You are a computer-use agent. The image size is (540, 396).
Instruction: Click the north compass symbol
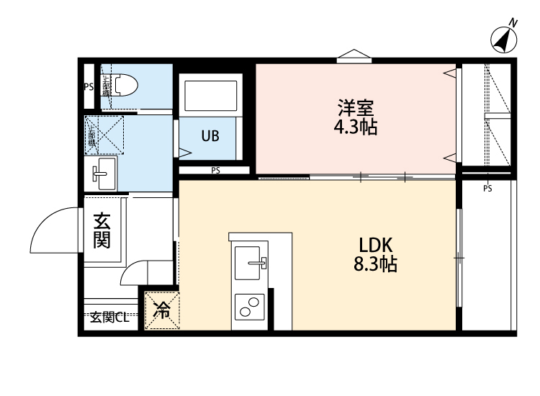(x=505, y=39)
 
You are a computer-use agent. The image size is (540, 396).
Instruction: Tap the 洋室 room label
(x=356, y=109)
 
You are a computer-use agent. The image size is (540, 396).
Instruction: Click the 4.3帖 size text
(x=356, y=128)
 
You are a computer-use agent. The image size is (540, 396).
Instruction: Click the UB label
(x=210, y=136)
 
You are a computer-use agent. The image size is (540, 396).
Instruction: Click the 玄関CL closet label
(x=109, y=318)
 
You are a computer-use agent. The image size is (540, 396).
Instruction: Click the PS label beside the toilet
(x=89, y=86)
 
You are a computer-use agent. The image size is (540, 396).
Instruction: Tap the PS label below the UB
(x=215, y=171)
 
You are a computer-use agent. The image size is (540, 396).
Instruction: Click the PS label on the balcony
(x=487, y=189)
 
